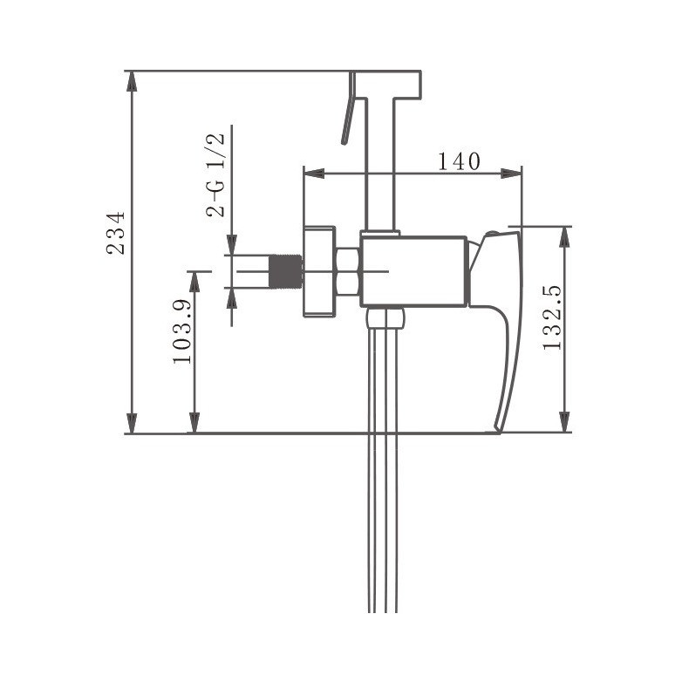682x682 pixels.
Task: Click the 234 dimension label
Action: (116, 233)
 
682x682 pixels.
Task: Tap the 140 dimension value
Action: (459, 161)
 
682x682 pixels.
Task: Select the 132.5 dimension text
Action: (552, 318)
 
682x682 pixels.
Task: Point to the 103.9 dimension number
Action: (182, 331)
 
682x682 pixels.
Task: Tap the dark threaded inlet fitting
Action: (286, 271)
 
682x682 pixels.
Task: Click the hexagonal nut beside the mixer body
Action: (347, 272)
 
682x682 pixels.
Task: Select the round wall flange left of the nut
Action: (319, 272)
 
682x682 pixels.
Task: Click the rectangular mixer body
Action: (413, 271)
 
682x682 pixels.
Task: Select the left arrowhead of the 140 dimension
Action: (314, 174)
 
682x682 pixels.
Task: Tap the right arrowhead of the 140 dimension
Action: (511, 174)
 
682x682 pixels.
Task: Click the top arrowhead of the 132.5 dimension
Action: (563, 237)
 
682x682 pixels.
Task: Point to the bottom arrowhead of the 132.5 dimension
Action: (563, 422)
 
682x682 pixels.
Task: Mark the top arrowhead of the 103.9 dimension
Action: (194, 282)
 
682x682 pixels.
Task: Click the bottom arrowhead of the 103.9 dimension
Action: (194, 423)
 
